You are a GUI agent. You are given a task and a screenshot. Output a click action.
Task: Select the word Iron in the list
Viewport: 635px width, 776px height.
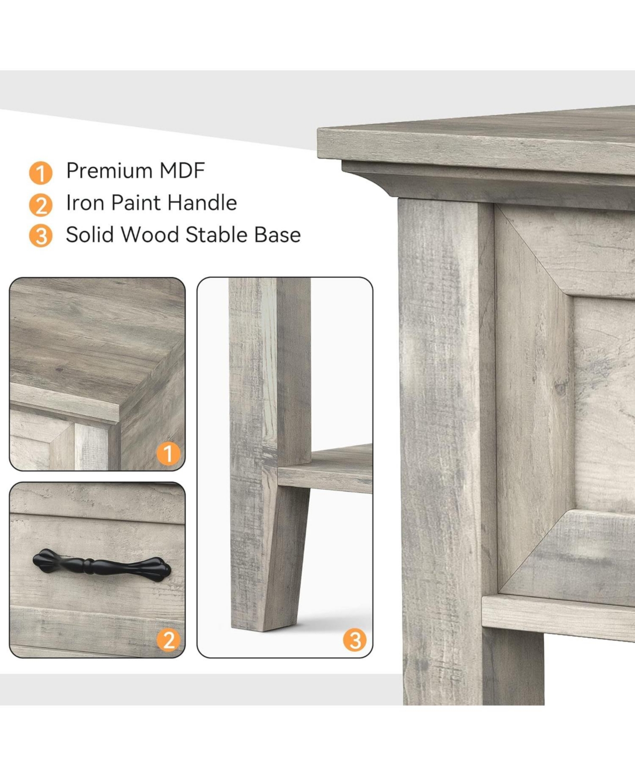coord(85,203)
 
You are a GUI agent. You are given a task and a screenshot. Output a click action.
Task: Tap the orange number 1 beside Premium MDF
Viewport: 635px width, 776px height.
coord(41,173)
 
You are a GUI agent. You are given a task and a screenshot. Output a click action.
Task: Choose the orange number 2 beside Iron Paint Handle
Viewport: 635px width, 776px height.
coord(41,205)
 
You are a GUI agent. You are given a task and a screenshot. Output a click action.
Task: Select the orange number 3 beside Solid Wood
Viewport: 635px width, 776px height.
coord(41,236)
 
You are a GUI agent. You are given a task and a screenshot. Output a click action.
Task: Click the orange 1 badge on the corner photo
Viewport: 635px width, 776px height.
coord(168,454)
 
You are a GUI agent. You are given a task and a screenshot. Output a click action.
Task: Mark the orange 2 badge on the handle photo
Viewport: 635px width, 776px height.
coord(168,640)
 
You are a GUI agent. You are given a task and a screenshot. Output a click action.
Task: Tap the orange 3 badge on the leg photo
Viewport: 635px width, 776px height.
coord(355,640)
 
